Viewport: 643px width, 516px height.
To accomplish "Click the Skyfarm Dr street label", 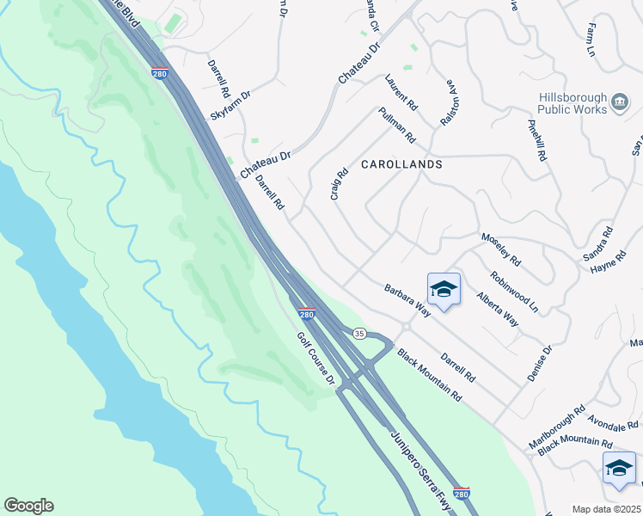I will click(x=230, y=106).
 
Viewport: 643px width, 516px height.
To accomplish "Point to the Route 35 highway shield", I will click(x=359, y=332).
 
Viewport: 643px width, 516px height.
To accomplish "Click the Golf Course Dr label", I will click(x=315, y=359).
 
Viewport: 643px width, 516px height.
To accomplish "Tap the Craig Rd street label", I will click(x=339, y=184).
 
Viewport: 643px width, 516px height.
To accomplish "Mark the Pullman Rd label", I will click(x=396, y=126).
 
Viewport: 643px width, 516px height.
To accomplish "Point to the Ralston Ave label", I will click(x=449, y=104).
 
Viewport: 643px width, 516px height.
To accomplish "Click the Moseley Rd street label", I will click(x=501, y=249).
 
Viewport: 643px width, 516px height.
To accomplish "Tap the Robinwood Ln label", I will click(x=514, y=292).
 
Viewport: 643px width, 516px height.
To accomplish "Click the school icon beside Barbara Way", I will click(x=444, y=291).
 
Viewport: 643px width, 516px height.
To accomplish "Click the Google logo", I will click(x=28, y=506).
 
